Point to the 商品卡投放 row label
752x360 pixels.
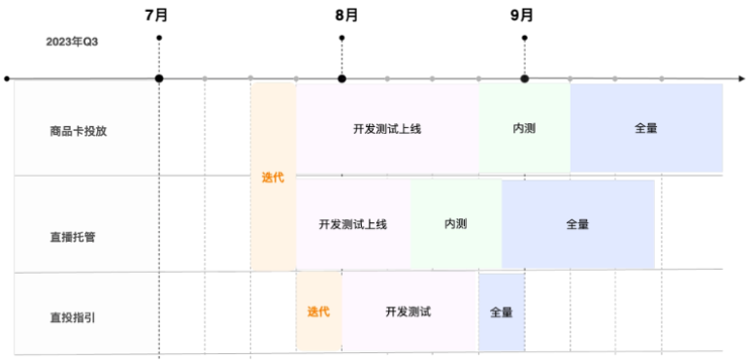click(x=79, y=130)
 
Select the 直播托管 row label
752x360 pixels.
click(x=79, y=236)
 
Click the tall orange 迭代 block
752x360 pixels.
click(x=273, y=178)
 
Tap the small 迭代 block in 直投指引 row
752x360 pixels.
click(x=318, y=311)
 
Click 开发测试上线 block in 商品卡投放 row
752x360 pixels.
click(x=386, y=128)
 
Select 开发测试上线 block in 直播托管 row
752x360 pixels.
click(x=352, y=224)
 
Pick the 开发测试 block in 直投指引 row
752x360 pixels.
click(x=409, y=311)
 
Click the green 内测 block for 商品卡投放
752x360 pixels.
click(x=524, y=128)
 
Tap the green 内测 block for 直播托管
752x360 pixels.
click(x=456, y=224)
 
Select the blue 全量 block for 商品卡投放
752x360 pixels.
click(x=645, y=128)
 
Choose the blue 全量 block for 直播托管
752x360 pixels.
click(x=577, y=224)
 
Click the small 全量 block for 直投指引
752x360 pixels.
click(x=501, y=312)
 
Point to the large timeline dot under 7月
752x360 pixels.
click(x=158, y=78)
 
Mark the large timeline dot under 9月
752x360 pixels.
click(x=524, y=78)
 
